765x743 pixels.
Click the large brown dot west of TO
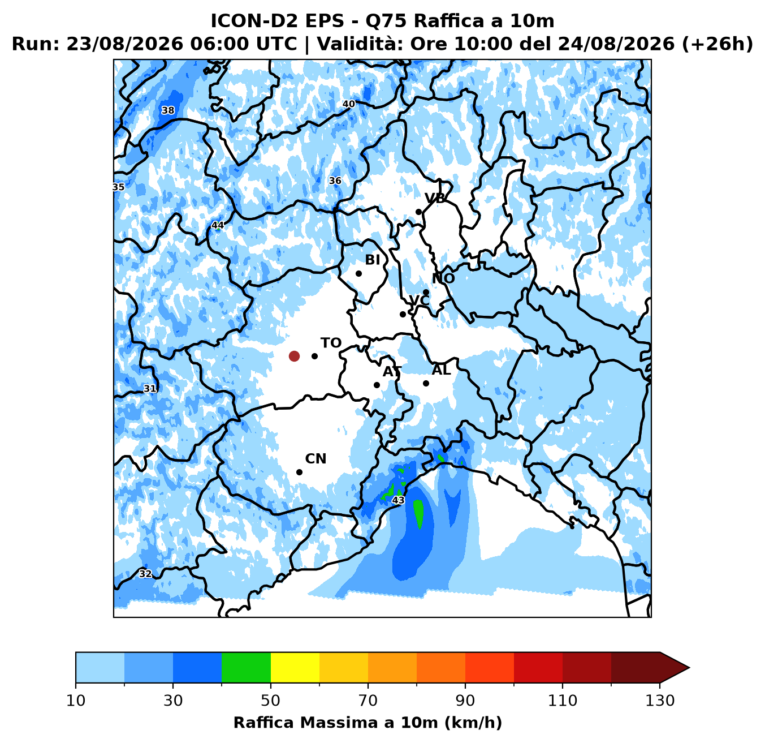coord(294,356)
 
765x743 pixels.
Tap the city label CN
coord(315,459)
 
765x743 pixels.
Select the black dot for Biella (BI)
coord(358,273)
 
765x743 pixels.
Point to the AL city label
coord(441,370)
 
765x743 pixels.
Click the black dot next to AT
coord(377,385)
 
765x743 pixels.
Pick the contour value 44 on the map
coord(217,225)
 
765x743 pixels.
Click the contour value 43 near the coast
coord(398,500)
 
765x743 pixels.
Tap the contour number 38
coord(168,110)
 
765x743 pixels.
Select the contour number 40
coord(349,104)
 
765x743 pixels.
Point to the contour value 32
coord(145,574)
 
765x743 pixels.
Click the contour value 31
coord(150,389)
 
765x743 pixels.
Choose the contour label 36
coord(335,181)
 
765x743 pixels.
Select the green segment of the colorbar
coord(246,667)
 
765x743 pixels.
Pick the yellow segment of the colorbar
coord(295,667)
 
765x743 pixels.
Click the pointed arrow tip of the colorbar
coord(689,667)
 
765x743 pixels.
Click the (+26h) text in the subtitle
coord(718,44)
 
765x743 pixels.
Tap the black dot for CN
coord(299,473)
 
